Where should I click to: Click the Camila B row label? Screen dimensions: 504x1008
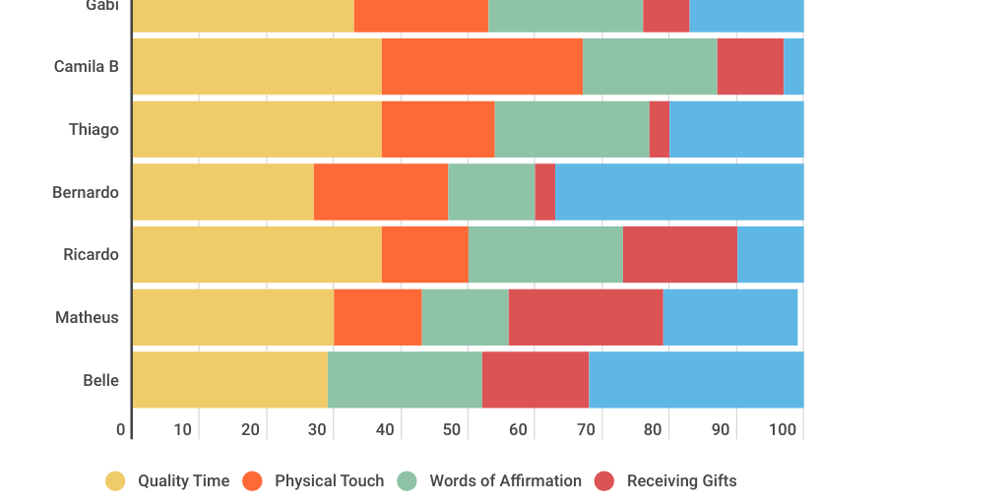point(87,67)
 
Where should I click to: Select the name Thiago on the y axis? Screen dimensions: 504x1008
point(94,129)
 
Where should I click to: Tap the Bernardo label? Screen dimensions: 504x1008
point(86,192)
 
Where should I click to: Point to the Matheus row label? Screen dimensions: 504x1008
point(87,317)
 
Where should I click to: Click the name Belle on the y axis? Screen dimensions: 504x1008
point(100,380)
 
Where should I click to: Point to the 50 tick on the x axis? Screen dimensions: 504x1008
point(452,429)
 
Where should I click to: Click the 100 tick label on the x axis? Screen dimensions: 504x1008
point(783,429)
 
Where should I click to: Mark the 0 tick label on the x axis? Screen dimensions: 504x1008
point(121,429)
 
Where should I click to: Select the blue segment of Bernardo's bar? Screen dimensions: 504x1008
point(679,192)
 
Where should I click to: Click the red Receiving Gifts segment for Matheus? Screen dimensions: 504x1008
point(586,317)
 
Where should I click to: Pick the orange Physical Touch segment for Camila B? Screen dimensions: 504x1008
point(482,67)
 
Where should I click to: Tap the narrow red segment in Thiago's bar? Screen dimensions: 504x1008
point(660,129)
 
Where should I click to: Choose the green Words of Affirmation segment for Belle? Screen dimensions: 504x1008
point(405,380)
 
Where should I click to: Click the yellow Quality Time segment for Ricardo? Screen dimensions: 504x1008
point(257,254)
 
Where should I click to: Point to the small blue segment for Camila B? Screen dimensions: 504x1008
point(793,67)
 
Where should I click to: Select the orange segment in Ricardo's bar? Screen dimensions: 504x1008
point(425,254)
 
